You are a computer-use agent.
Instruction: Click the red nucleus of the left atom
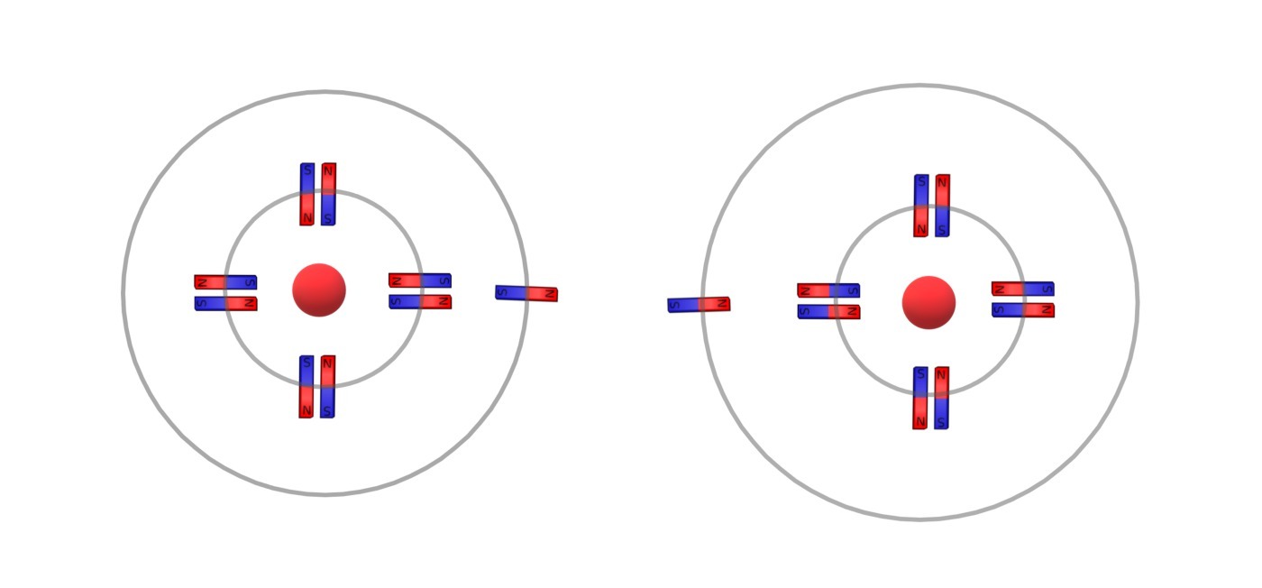click(319, 289)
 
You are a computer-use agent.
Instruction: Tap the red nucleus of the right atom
click(928, 302)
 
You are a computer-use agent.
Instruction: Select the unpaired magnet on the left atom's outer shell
click(526, 293)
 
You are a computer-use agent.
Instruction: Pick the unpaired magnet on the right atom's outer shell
click(699, 305)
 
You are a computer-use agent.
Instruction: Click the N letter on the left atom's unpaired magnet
click(549, 294)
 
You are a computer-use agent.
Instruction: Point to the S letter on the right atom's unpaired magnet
click(675, 306)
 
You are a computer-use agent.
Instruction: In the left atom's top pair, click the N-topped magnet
click(328, 194)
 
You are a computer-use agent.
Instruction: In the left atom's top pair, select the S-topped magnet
click(307, 194)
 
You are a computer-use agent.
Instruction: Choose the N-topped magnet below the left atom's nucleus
click(327, 386)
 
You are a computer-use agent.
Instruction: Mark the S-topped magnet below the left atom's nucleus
click(306, 386)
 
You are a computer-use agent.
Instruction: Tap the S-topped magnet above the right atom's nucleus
click(921, 206)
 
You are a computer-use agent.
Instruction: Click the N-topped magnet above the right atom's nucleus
click(943, 206)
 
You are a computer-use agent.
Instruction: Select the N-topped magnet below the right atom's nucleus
click(941, 398)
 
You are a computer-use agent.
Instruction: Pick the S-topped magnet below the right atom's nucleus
click(920, 398)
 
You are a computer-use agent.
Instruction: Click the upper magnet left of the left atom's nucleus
click(225, 282)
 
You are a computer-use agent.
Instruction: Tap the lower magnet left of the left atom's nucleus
click(225, 303)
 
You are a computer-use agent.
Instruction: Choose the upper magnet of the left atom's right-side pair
click(420, 280)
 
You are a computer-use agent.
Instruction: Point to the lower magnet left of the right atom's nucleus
click(828, 312)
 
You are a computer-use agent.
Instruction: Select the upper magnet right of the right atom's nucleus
click(1022, 289)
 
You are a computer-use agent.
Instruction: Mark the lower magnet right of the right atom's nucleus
click(1022, 310)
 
